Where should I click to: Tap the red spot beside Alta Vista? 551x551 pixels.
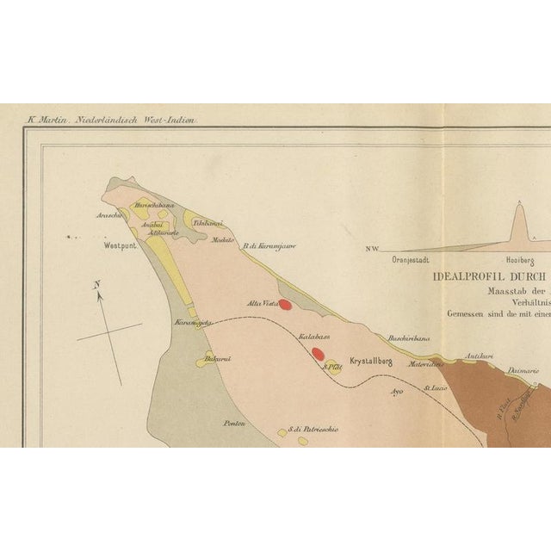285,304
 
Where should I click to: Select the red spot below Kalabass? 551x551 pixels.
318,353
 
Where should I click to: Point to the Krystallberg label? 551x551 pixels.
370,362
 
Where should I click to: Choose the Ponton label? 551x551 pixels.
234,423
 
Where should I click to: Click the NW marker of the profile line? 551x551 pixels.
372,249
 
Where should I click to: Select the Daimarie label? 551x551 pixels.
523,370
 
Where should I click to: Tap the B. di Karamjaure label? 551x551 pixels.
269,246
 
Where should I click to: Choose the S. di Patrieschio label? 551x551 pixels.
313,429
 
